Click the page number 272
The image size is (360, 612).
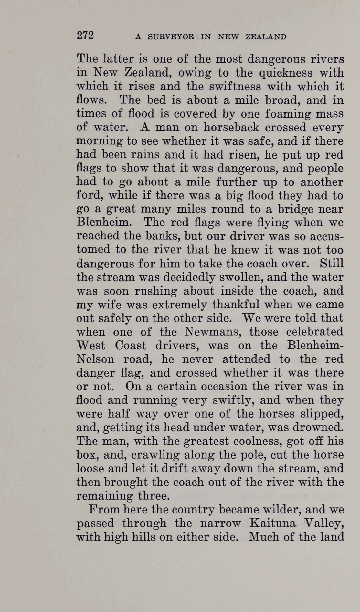coord(85,35)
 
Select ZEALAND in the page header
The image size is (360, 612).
coord(266,36)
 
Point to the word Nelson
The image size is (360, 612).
coord(95,359)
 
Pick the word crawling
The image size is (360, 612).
coord(155,455)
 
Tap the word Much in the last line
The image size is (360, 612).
coord(264,536)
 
